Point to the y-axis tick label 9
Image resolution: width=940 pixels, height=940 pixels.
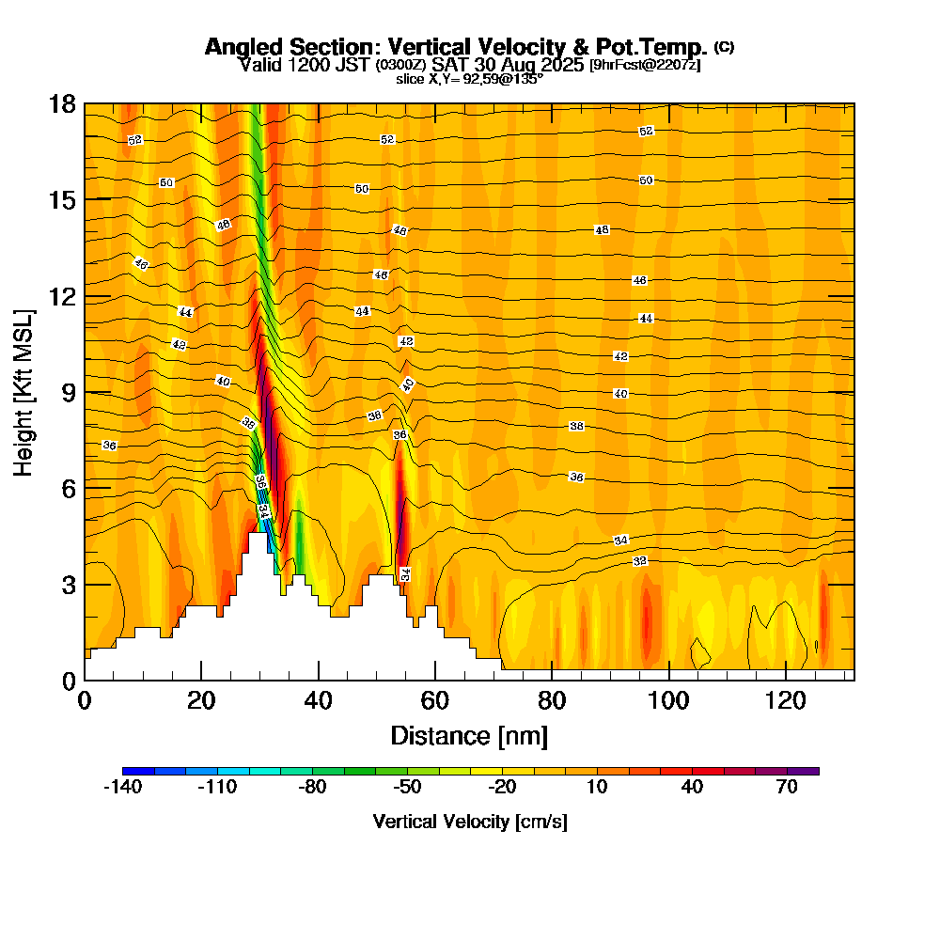[69, 392]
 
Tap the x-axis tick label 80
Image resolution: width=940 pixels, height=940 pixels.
[552, 701]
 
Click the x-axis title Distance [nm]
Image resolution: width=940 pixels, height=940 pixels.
[469, 735]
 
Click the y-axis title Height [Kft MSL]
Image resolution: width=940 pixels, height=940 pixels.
[25, 391]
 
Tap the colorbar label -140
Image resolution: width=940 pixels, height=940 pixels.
[121, 788]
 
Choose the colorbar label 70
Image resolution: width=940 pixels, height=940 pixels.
[788, 788]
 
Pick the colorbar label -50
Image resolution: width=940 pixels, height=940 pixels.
[407, 788]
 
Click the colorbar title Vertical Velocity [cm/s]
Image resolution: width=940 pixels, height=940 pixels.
[469, 822]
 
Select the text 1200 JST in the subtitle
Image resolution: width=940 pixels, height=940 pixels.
[324, 65]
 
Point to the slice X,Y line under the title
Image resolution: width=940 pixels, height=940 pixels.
[469, 79]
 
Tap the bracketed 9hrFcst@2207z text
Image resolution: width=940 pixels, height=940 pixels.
[645, 65]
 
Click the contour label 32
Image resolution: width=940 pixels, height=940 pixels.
[640, 561]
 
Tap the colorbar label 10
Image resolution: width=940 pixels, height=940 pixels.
[597, 788]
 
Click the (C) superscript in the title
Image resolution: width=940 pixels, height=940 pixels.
[724, 47]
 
